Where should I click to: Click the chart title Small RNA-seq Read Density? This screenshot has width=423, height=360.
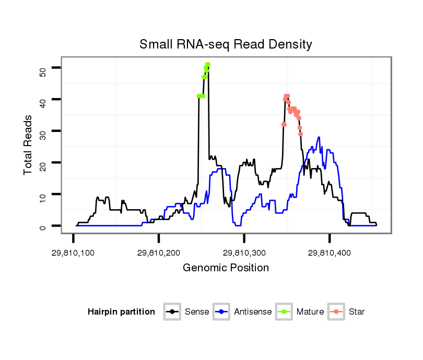click(x=226, y=44)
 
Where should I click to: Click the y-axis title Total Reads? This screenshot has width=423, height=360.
click(x=29, y=145)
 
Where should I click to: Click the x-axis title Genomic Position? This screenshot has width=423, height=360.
click(x=226, y=268)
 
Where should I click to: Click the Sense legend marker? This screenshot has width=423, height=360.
click(x=172, y=312)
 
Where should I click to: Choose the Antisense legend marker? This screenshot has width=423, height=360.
click(x=221, y=312)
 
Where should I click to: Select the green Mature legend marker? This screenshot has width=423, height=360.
click(x=284, y=312)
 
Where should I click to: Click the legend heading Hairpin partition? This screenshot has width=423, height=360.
click(x=121, y=312)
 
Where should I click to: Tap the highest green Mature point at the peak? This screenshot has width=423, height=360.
click(x=208, y=64)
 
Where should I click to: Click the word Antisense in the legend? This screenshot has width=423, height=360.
click(x=253, y=312)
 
